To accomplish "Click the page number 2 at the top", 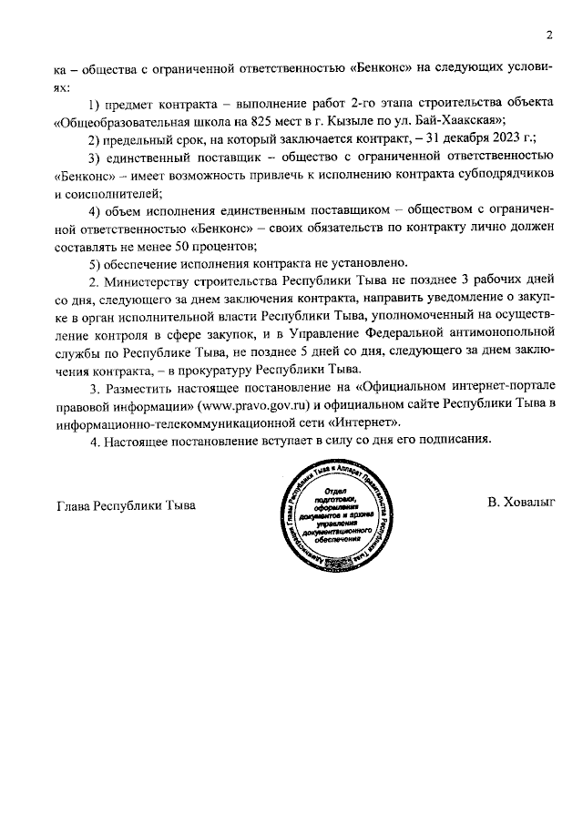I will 549,36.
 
